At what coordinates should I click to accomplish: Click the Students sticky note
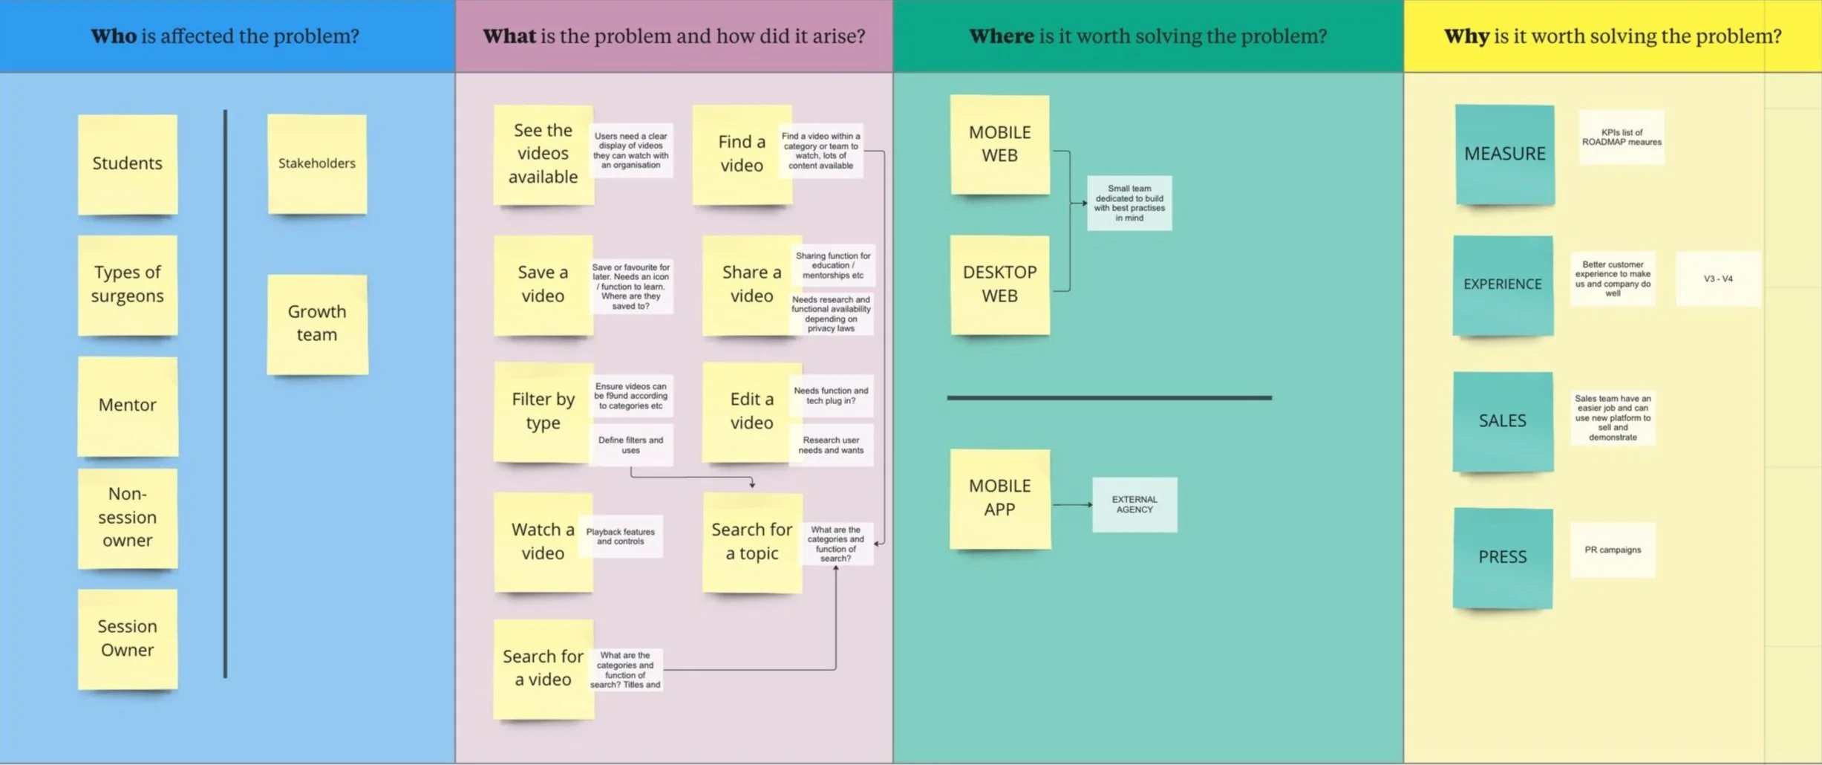point(128,164)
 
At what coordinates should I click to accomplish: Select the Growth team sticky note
point(317,324)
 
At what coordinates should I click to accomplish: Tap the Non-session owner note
point(128,518)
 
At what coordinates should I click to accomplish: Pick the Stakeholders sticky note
point(317,164)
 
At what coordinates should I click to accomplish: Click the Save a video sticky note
point(543,285)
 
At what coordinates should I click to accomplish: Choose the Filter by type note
point(543,411)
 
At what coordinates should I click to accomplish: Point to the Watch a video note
point(543,541)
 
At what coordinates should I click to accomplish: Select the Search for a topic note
point(751,541)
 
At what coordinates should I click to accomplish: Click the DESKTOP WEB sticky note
point(999,284)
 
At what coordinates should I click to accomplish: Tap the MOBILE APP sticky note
point(999,498)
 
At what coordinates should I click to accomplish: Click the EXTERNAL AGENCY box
point(1134,505)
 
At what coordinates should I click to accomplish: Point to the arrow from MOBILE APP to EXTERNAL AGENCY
point(1071,505)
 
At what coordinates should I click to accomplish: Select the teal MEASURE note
point(1504,154)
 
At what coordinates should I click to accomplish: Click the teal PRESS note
point(1502,558)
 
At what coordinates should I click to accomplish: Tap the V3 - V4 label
point(1717,279)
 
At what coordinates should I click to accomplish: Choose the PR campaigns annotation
point(1612,550)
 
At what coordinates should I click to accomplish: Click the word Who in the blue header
point(114,36)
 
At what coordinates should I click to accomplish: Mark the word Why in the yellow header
point(1466,36)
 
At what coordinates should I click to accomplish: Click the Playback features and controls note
point(620,536)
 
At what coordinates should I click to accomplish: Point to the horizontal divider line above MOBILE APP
point(1108,398)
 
